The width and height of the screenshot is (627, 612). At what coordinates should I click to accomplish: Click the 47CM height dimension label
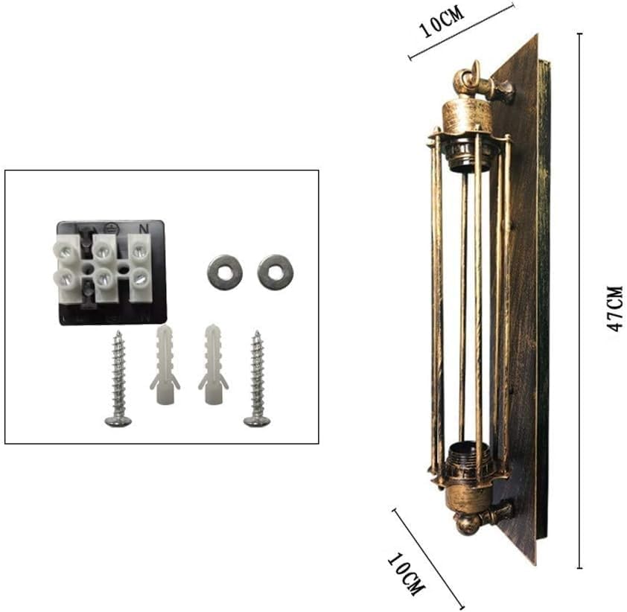[x=614, y=307]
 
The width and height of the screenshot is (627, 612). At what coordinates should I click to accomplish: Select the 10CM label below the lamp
[x=407, y=574]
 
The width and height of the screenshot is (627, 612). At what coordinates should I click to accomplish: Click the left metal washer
[x=224, y=272]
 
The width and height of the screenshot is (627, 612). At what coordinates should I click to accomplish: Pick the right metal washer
[x=275, y=272]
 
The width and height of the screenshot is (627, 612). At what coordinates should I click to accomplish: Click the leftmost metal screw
[x=118, y=380]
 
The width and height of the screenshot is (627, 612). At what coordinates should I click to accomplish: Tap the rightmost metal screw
[x=257, y=380]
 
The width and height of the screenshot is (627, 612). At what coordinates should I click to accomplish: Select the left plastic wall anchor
[x=165, y=365]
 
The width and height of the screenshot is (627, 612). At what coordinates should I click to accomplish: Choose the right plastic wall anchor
[x=213, y=365]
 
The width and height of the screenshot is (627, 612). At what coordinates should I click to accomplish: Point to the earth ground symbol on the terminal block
[x=110, y=228]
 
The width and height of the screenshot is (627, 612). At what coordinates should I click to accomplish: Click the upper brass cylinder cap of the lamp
[x=467, y=115]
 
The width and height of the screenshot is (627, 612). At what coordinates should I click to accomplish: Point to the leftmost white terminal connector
[x=66, y=268]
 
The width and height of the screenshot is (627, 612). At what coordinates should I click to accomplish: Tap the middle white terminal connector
[x=104, y=269]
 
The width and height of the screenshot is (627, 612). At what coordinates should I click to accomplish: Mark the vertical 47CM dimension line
[x=580, y=298]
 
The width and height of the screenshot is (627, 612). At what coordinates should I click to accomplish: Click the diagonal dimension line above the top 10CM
[x=462, y=31]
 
